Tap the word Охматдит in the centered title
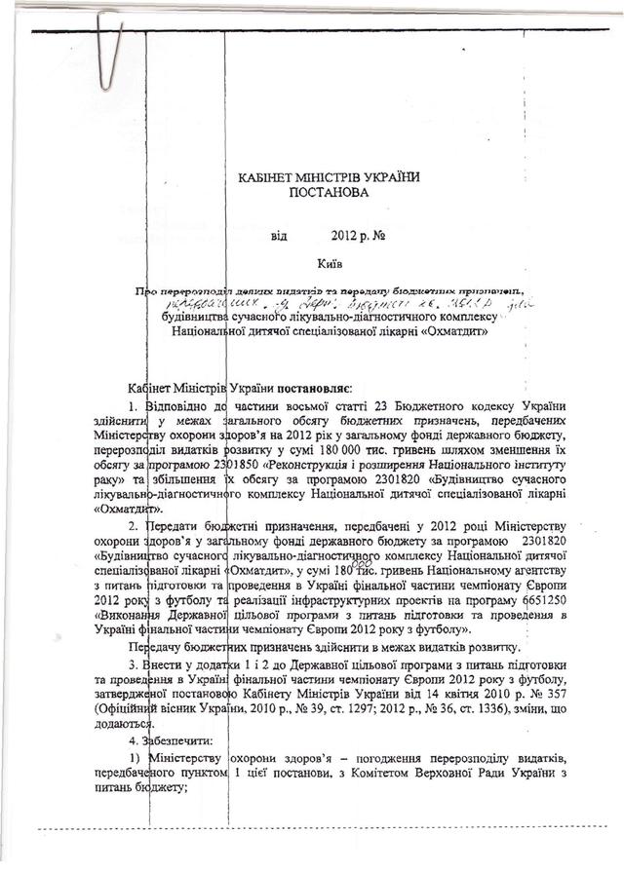coord(469,332)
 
